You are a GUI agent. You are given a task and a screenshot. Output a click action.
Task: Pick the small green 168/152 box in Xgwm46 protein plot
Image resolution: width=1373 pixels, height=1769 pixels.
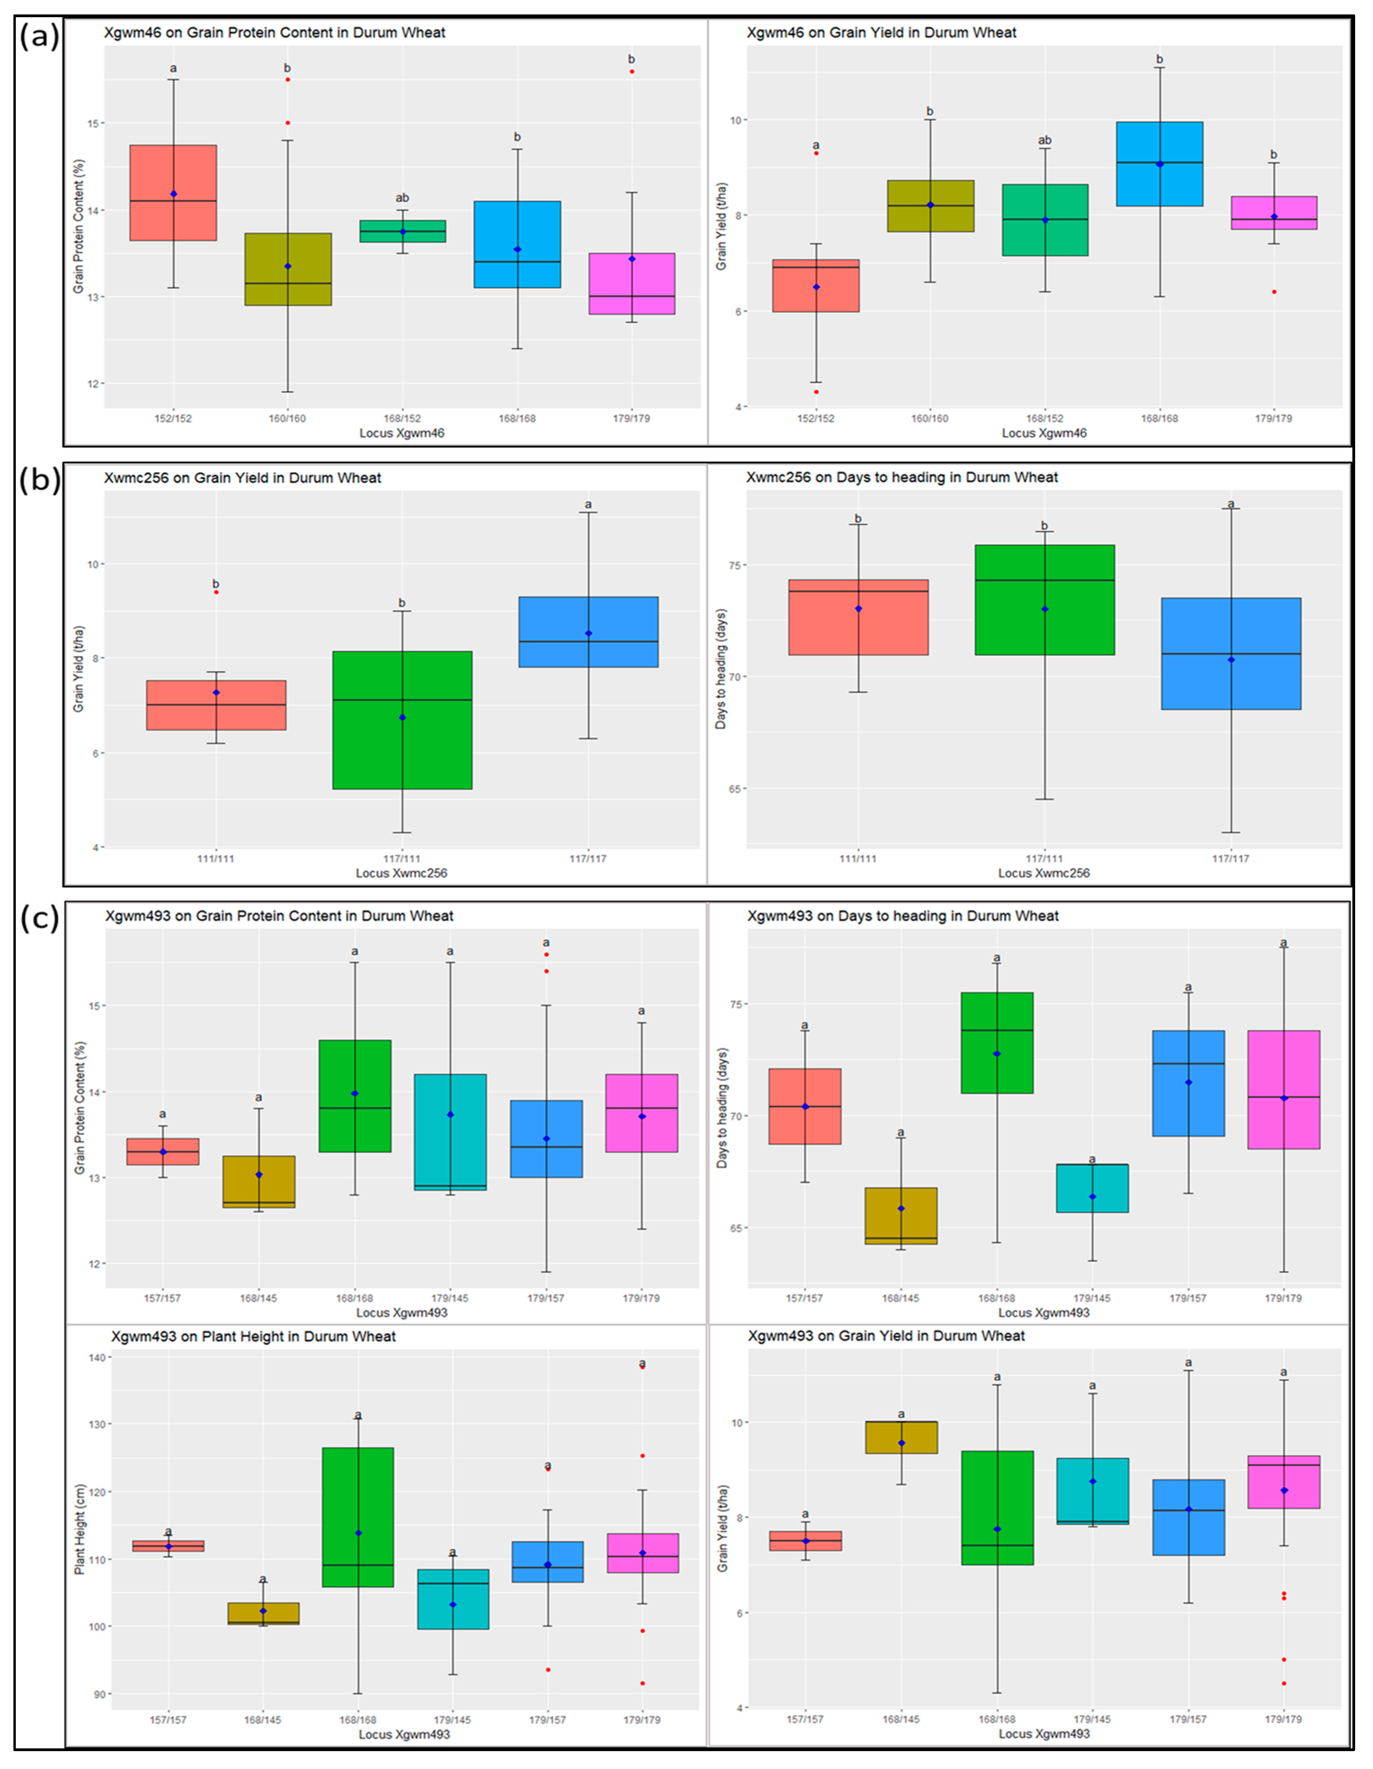402,231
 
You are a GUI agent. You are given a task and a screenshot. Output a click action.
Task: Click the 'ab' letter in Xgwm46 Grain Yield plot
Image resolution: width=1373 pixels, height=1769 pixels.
1044,140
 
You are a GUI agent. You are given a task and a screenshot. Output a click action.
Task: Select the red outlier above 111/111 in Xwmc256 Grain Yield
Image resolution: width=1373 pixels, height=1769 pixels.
216,592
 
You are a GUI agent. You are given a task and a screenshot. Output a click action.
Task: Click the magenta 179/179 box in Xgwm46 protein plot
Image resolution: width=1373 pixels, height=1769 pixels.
631,283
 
